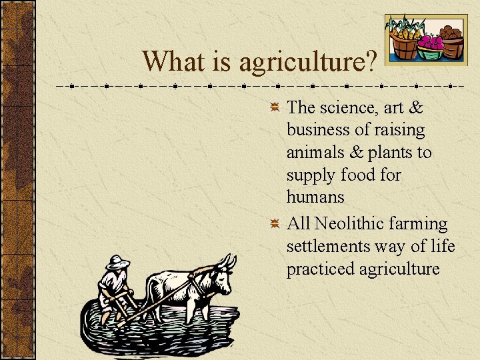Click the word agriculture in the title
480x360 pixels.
303,62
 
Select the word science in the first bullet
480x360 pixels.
351,107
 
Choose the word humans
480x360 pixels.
315,197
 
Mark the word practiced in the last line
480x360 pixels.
320,269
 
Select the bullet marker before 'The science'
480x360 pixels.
275,108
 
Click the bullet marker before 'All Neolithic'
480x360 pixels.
275,224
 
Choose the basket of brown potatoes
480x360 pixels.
451,41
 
